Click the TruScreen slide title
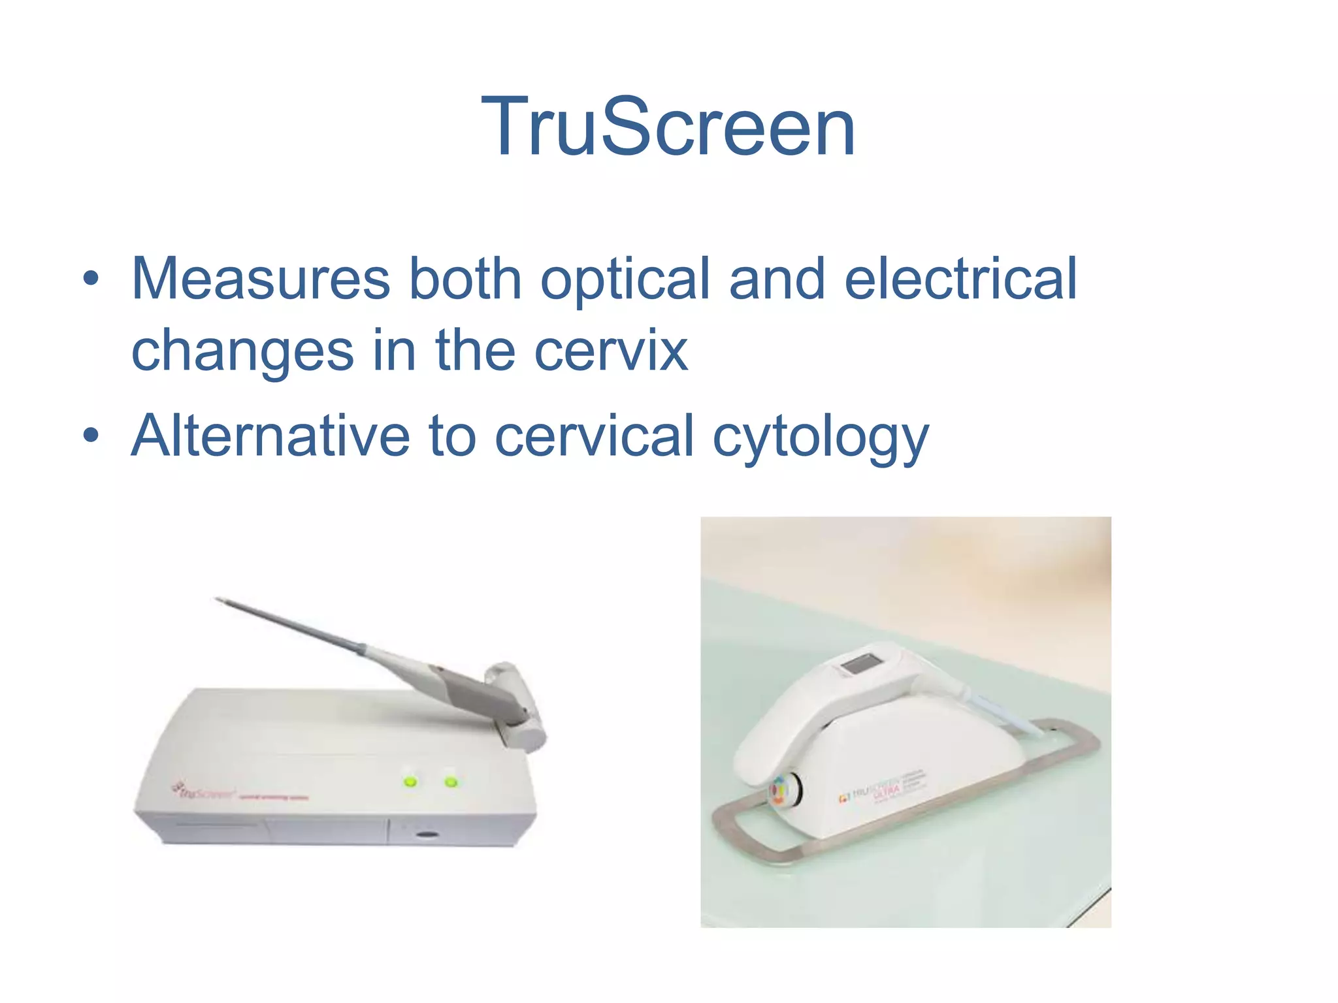pyautogui.click(x=668, y=127)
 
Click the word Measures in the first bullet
pyautogui.click(x=261, y=279)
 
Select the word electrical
pyautogui.click(x=960, y=279)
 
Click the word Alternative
pyautogui.click(x=270, y=436)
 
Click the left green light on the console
pyautogui.click(x=410, y=781)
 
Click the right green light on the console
pyautogui.click(x=451, y=781)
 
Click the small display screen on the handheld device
pyautogui.click(x=858, y=665)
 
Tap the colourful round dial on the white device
pyautogui.click(x=780, y=791)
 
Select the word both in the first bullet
pyautogui.click(x=465, y=279)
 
